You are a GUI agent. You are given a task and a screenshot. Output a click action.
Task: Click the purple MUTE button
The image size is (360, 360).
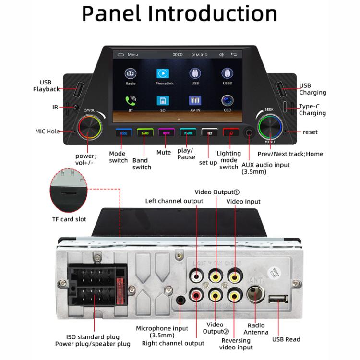[165, 133]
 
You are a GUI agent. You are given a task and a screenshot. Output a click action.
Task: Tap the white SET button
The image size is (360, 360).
[209, 133]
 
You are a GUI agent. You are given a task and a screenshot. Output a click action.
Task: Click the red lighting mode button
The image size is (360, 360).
[230, 133]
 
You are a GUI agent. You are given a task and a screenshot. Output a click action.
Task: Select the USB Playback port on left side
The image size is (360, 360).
[78, 89]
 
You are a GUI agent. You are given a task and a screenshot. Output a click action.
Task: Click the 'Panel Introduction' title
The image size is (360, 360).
[180, 14]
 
